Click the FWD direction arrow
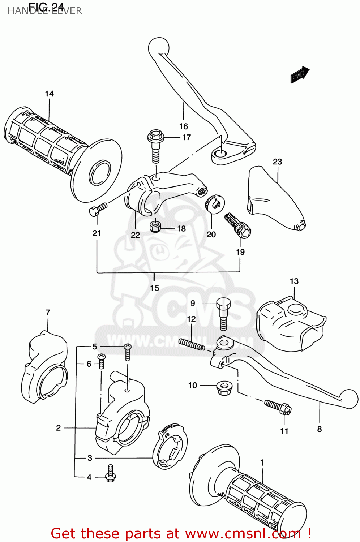pyautogui.click(x=300, y=75)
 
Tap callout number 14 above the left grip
pyautogui.click(x=49, y=94)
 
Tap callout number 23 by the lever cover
pyautogui.click(x=277, y=162)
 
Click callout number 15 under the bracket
pyautogui.click(x=155, y=288)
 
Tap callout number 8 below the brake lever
pyautogui.click(x=320, y=429)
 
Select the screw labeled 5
pyautogui.click(x=127, y=352)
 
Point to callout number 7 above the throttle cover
pyautogui.click(x=48, y=313)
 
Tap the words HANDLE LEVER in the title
pyautogui.click(x=45, y=11)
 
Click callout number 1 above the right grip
pyautogui.click(x=262, y=463)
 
